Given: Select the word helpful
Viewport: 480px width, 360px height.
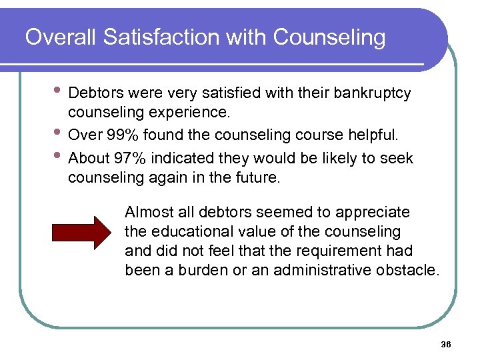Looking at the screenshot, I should pyautogui.click(x=375, y=135).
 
